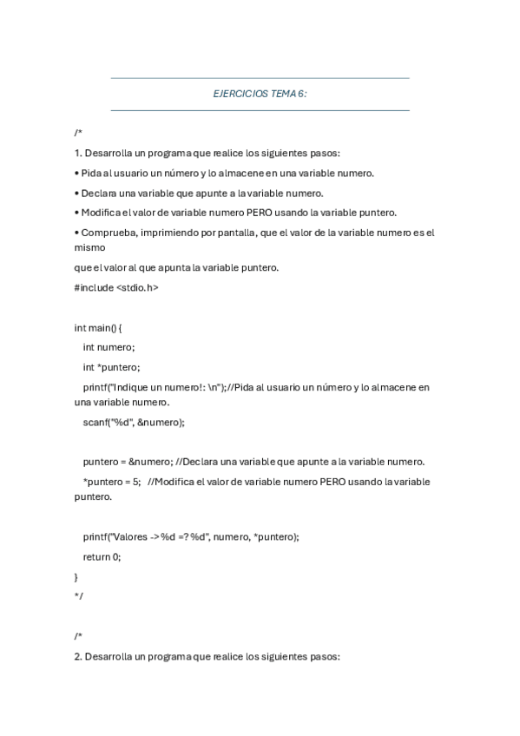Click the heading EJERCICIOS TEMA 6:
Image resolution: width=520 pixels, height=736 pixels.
click(x=260, y=94)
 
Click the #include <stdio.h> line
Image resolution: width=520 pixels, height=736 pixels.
click(x=116, y=286)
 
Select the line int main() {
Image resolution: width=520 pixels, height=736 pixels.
click(x=98, y=327)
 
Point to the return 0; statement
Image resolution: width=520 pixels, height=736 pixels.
click(x=102, y=556)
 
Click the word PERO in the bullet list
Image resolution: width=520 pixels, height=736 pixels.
click(x=262, y=213)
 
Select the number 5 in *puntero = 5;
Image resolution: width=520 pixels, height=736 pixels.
click(x=137, y=482)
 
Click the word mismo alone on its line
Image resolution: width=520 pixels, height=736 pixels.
click(x=90, y=246)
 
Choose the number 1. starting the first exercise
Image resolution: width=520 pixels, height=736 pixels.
click(x=78, y=152)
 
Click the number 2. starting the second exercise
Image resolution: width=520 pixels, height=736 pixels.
click(x=78, y=657)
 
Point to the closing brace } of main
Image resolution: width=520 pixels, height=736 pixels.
click(x=76, y=576)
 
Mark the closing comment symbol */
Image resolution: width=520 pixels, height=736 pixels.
click(x=78, y=595)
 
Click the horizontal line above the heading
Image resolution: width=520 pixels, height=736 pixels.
click(x=260, y=78)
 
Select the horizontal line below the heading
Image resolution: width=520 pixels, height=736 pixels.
click(x=260, y=110)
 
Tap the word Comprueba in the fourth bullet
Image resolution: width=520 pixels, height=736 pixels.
click(x=107, y=233)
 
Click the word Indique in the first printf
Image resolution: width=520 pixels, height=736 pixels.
click(x=135, y=387)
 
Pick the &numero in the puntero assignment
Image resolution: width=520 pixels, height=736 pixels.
click(x=150, y=462)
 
